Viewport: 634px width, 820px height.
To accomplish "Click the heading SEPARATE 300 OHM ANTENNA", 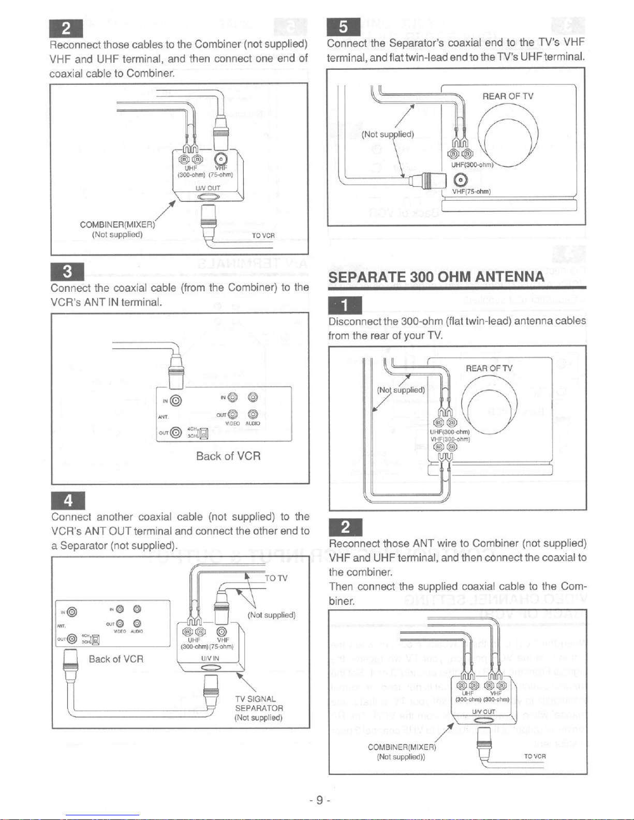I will point(436,276).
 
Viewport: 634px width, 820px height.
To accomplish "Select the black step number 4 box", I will point(68,501).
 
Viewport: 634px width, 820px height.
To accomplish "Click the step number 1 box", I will point(345,305).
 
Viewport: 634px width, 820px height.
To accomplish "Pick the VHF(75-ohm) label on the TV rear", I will point(471,191).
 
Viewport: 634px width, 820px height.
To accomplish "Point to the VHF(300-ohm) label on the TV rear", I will point(450,439).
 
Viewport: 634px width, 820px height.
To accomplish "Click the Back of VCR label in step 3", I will point(228,456).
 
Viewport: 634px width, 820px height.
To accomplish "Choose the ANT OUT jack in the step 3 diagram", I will point(176,433).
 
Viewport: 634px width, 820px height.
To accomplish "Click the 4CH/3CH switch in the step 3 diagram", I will point(203,432).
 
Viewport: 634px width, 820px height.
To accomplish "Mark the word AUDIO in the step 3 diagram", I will point(253,423).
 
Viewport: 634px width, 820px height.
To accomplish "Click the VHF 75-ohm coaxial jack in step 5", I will point(458,180).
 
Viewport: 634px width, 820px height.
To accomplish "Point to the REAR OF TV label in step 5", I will point(508,96).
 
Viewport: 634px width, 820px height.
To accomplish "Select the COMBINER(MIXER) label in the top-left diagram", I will point(117,225).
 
